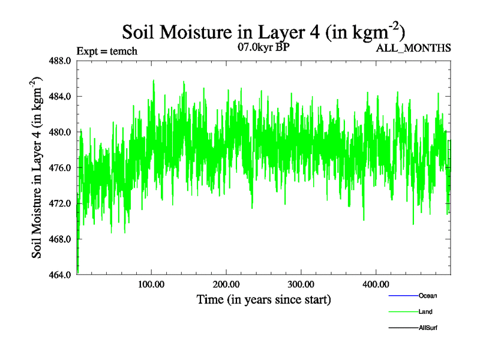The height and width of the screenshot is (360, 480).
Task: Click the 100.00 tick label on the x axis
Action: (151, 284)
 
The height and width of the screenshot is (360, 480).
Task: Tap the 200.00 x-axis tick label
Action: (226, 284)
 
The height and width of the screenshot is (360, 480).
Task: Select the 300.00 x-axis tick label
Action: (301, 284)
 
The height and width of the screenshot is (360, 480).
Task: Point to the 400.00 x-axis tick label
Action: (375, 284)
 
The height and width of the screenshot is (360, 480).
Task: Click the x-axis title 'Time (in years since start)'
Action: (263, 299)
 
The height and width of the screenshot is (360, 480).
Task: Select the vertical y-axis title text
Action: (37, 167)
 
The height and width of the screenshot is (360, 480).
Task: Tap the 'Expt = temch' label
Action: (107, 51)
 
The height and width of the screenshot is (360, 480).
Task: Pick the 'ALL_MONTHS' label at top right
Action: (413, 48)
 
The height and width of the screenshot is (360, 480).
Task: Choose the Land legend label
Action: (425, 312)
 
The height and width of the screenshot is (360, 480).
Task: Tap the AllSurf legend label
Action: (427, 328)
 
